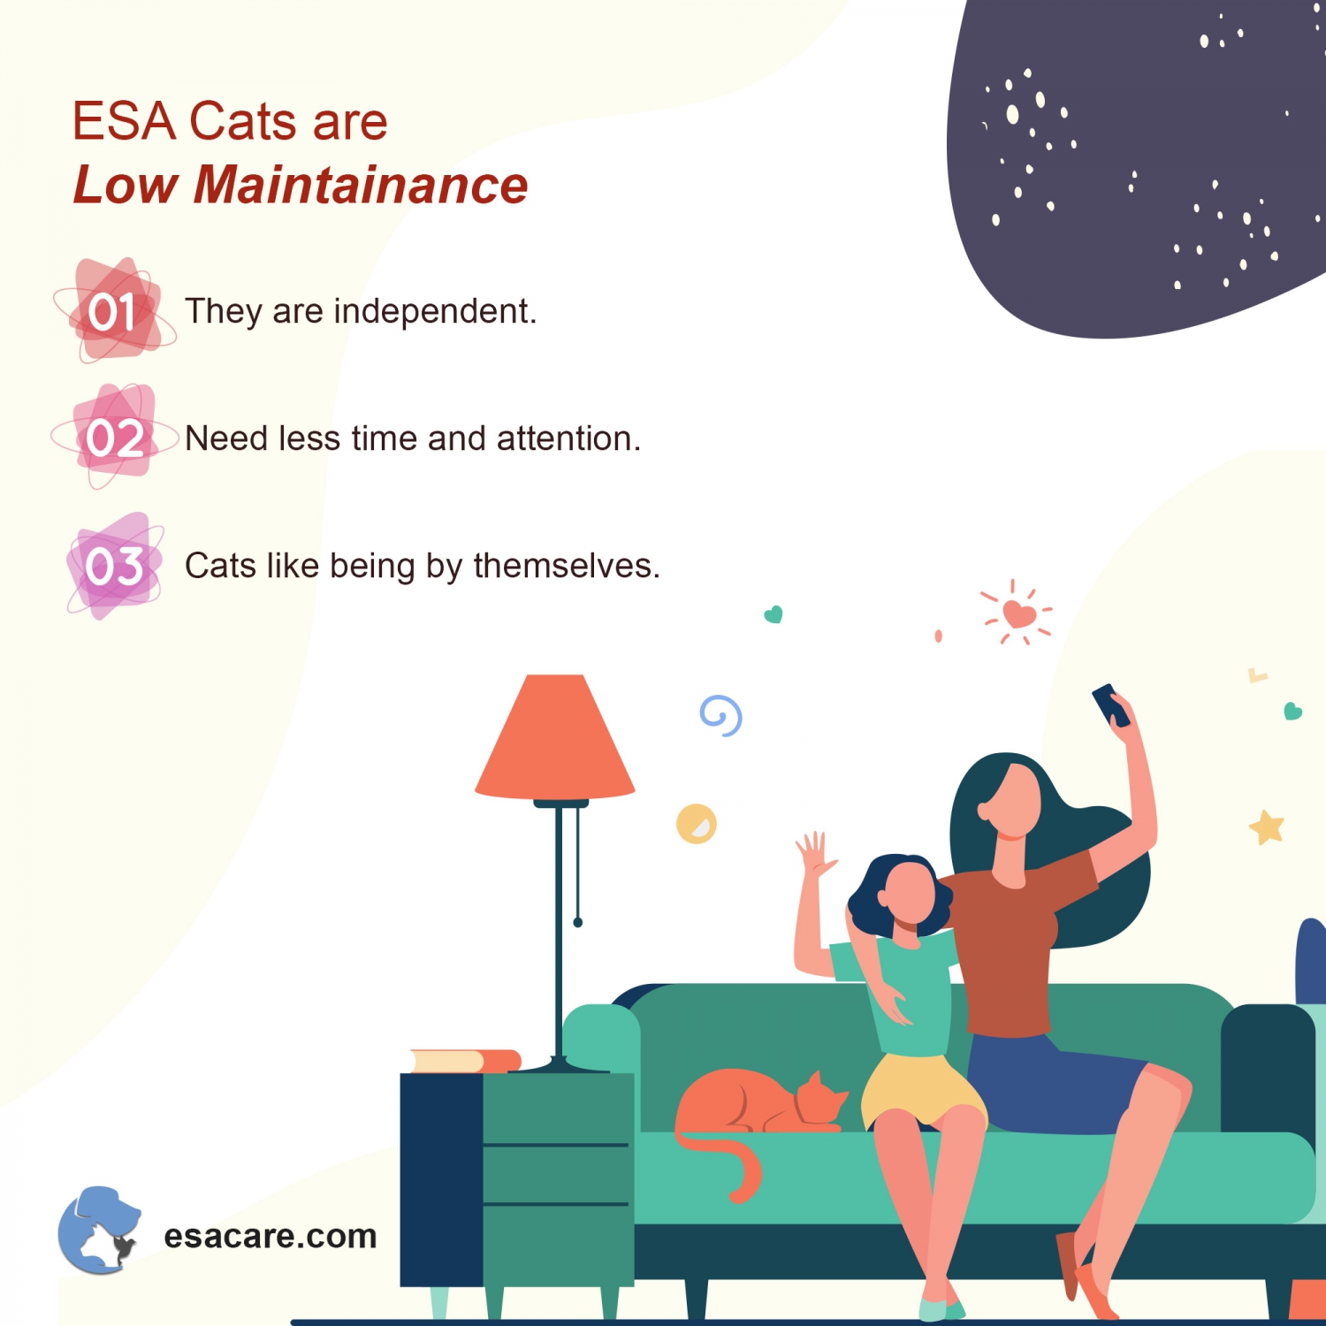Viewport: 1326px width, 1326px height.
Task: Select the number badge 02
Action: [x=115, y=438]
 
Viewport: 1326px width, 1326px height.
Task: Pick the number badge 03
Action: [x=115, y=566]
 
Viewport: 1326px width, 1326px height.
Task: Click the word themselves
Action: [x=567, y=566]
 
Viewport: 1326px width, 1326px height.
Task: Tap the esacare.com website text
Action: [x=271, y=1236]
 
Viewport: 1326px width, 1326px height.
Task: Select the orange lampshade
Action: [x=555, y=738]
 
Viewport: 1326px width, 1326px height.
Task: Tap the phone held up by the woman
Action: [x=1109, y=705]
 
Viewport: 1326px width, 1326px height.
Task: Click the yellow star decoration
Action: [x=1267, y=827]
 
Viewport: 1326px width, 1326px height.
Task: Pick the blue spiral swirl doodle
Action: [x=721, y=715]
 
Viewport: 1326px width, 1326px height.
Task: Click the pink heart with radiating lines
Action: [x=1018, y=613]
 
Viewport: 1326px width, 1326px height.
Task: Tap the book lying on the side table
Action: [x=465, y=1060]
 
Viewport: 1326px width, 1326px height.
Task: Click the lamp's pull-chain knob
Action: [x=578, y=922]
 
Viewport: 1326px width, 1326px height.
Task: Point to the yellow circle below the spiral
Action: [x=697, y=824]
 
